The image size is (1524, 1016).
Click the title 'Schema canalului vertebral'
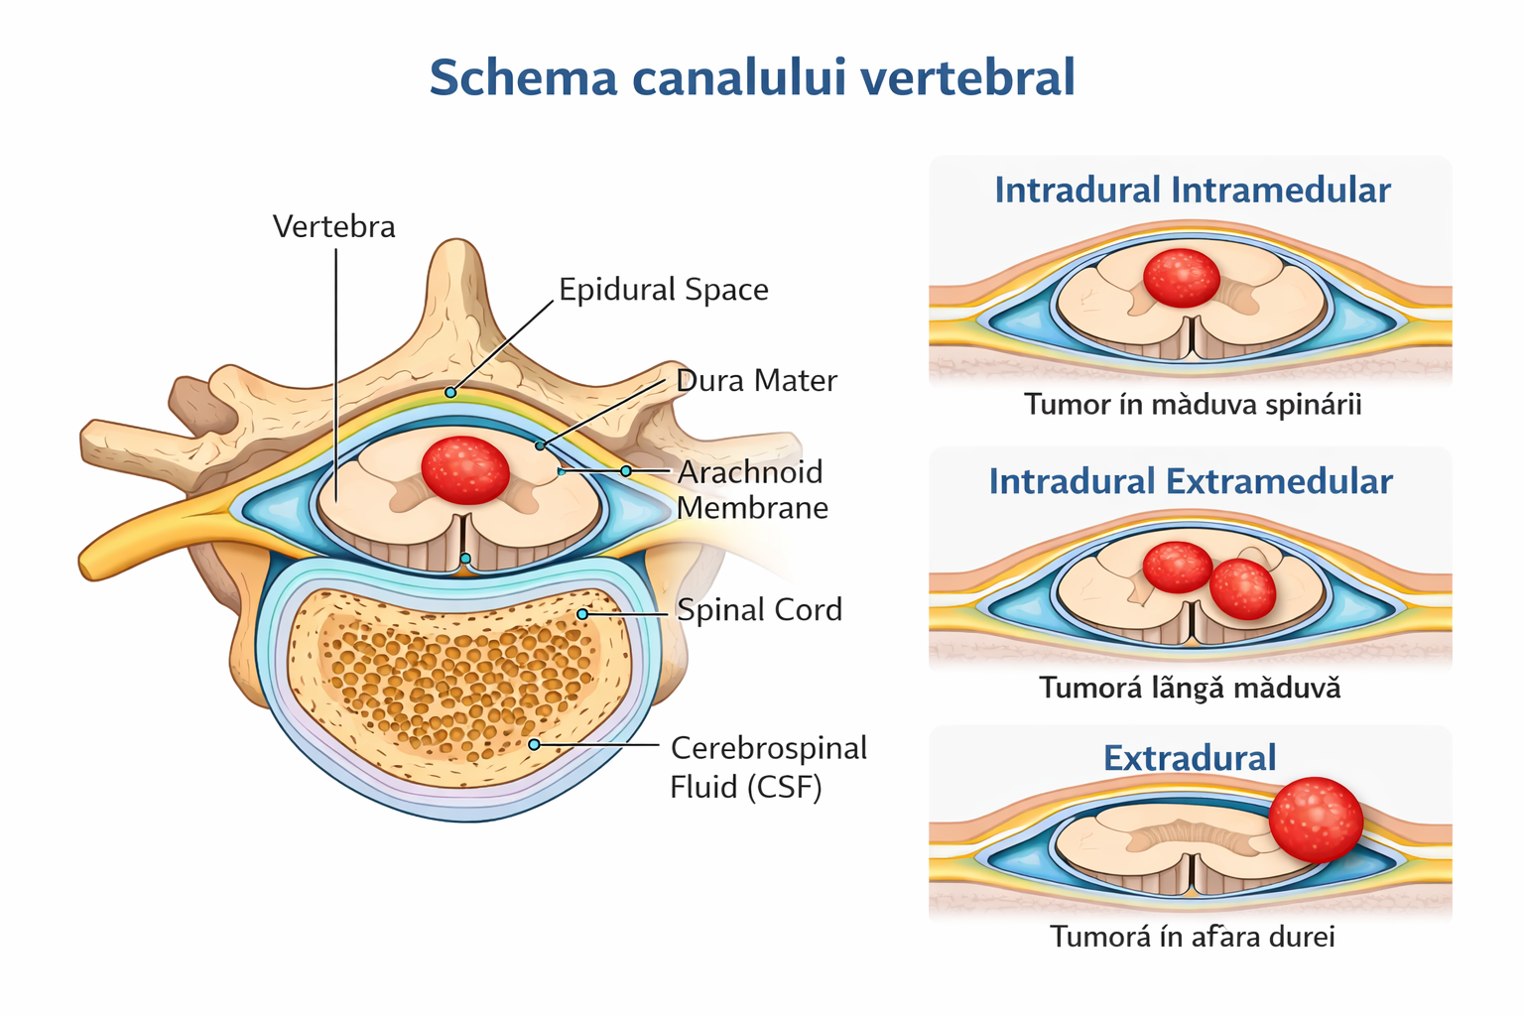(752, 77)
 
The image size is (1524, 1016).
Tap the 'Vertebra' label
(333, 226)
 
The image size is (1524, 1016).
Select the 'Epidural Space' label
(663, 290)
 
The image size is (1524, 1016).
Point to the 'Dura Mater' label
(756, 381)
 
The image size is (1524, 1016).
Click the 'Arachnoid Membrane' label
(751, 490)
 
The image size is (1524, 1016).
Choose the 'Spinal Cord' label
(759, 610)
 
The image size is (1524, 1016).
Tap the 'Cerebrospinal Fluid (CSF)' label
(768, 766)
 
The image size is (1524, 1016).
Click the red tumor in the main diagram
(465, 469)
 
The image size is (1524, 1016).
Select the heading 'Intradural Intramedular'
(1192, 190)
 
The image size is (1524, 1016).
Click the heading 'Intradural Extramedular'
(1191, 482)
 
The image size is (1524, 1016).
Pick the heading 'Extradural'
(1190, 758)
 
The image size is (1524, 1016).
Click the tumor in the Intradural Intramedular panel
(1181, 278)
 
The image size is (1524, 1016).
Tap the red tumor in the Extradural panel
(1316, 820)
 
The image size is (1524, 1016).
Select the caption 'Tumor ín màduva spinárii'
(1192, 405)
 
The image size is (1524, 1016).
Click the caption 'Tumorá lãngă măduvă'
(1190, 688)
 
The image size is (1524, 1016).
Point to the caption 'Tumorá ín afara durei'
(1192, 937)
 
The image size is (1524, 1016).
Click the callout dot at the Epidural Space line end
(450, 393)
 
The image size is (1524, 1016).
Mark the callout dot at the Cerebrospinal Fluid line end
(534, 744)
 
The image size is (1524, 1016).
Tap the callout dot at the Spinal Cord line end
(582, 614)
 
